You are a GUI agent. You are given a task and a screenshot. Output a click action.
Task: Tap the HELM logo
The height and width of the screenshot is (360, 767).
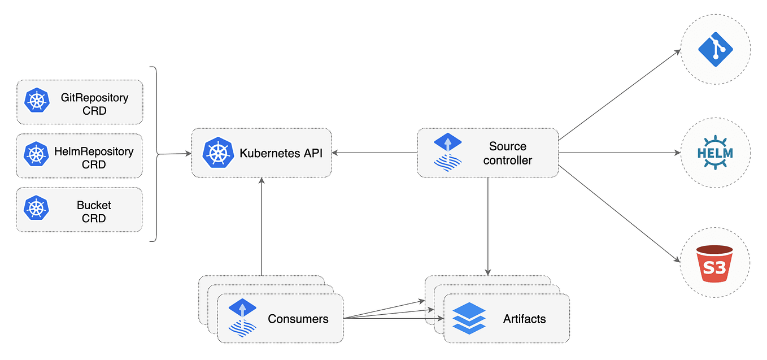[x=715, y=153]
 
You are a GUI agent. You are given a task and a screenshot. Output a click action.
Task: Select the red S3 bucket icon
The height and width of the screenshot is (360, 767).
[x=714, y=263]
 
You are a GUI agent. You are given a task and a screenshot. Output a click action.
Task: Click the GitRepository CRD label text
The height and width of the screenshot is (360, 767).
[x=94, y=104]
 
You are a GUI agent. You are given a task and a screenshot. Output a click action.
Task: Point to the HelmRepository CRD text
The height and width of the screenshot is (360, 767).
[x=94, y=158]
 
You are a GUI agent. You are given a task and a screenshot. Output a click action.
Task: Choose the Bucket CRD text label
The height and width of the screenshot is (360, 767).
[x=94, y=211]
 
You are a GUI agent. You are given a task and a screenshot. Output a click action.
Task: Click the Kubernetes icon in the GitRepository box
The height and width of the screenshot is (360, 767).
[x=37, y=101]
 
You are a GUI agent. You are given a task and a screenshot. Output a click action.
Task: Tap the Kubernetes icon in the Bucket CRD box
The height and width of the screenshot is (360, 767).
[x=37, y=208]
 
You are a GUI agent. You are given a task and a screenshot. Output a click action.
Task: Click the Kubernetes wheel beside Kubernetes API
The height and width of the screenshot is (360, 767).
[x=217, y=152]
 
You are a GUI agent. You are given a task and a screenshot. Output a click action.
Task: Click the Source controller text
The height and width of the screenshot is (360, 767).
[x=507, y=153]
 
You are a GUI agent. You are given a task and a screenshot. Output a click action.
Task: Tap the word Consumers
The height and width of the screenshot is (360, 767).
[x=298, y=319]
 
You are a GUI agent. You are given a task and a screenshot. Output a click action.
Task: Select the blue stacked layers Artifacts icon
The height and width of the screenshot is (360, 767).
[x=469, y=318]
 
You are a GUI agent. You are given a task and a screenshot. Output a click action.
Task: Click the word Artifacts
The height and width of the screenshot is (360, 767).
[x=524, y=319]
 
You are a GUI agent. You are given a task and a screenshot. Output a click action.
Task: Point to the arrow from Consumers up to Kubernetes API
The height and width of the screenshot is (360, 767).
[x=262, y=226]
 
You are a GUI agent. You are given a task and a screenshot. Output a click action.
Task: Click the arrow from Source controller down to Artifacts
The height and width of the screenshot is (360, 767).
[x=487, y=226]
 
